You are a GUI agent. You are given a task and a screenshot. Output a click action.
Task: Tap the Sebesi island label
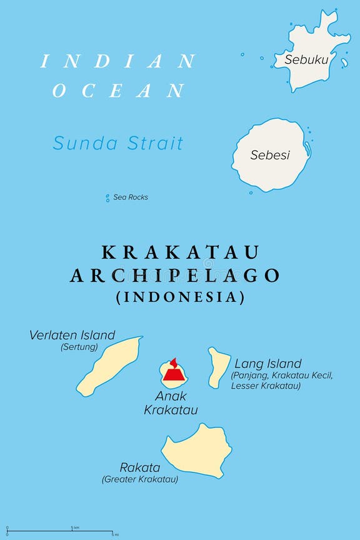click(270, 155)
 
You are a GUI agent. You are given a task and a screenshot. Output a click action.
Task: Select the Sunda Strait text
click(118, 143)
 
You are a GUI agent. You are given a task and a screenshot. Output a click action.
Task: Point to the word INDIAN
click(118, 61)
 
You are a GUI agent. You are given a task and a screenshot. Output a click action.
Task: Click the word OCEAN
click(118, 91)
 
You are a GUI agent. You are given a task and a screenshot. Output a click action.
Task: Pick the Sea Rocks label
click(131, 197)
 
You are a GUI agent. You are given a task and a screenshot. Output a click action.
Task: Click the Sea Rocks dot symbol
click(107, 197)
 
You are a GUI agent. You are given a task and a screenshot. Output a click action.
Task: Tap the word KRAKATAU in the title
click(180, 252)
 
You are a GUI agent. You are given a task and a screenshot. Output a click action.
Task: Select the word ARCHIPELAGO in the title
click(175, 276)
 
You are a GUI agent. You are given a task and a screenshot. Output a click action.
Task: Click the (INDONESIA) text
click(180, 297)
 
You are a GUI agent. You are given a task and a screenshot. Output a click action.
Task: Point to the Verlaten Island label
click(72, 335)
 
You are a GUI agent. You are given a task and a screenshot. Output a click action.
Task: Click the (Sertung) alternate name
click(79, 347)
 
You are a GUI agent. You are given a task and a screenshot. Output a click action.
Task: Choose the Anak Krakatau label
click(171, 403)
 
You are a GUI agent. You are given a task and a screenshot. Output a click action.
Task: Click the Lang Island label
click(268, 364)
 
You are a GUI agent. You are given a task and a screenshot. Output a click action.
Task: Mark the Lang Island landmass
click(219, 367)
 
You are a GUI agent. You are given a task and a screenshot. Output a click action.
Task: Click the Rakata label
click(140, 467)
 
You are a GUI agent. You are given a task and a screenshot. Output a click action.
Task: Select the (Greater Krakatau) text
click(140, 479)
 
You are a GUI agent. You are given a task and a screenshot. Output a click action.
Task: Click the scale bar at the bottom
click(60, 531)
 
